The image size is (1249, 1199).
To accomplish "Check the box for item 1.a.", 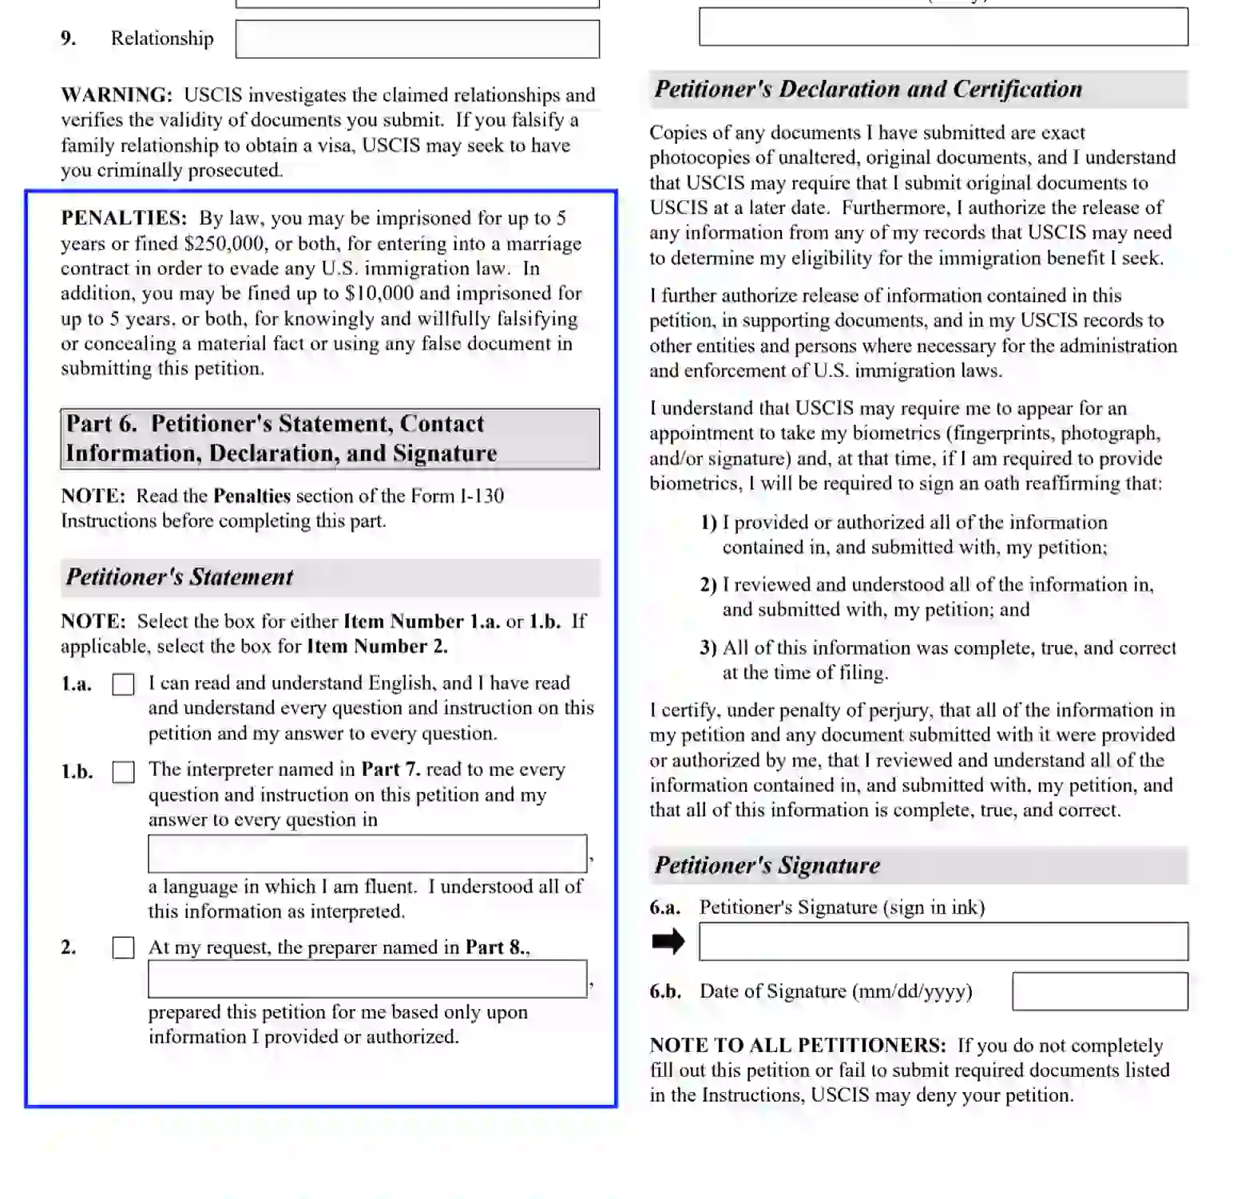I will pos(123,685).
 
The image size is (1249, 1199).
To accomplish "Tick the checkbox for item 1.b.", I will pos(123,772).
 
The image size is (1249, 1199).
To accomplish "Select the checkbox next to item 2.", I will pos(123,948).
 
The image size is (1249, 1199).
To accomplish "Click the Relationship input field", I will pos(417,39).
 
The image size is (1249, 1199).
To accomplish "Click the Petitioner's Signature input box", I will pos(942,942).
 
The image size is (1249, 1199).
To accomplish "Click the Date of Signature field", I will pos(1099,991).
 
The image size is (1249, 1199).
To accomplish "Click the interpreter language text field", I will pos(367,854).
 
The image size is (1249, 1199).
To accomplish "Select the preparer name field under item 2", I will pos(367,979).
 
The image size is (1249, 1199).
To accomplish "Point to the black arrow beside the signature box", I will pos(668,942).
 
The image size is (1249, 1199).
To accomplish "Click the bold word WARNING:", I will pos(117,95).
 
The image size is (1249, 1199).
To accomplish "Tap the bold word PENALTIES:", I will pos(124,219).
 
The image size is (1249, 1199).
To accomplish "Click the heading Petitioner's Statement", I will pos(180,577).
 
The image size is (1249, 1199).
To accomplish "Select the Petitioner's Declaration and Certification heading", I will pos(868,89).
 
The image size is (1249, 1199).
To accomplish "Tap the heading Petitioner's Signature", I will pos(767,865).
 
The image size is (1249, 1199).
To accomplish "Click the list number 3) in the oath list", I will pos(708,647).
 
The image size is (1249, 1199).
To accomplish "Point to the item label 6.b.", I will pos(665,991).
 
